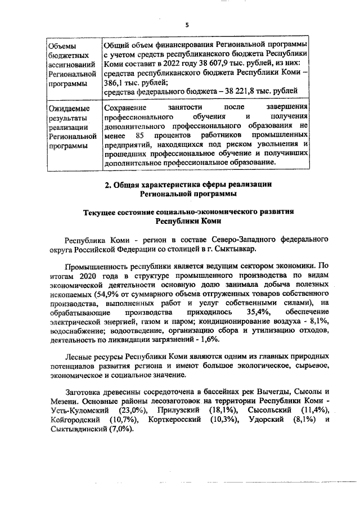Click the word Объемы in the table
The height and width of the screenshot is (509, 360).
click(x=62, y=46)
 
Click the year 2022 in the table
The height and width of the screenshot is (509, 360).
click(x=160, y=64)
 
